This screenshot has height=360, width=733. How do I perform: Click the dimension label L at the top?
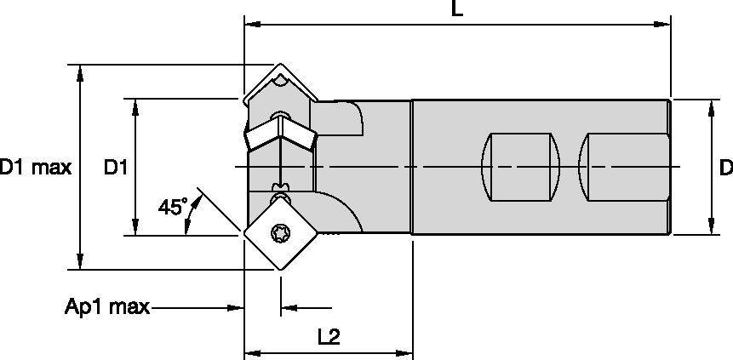click(x=457, y=10)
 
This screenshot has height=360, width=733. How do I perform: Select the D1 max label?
click(x=35, y=168)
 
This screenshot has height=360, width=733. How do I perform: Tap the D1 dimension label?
click(x=115, y=168)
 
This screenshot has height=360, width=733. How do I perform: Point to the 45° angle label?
click(x=172, y=207)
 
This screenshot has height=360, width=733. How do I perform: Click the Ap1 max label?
click(x=107, y=307)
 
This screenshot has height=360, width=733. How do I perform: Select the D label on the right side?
click(x=725, y=168)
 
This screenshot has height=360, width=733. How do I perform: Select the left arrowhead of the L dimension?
click(x=252, y=25)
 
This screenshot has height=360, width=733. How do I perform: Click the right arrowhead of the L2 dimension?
click(x=407, y=351)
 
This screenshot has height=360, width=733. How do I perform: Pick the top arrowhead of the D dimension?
click(x=710, y=105)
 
